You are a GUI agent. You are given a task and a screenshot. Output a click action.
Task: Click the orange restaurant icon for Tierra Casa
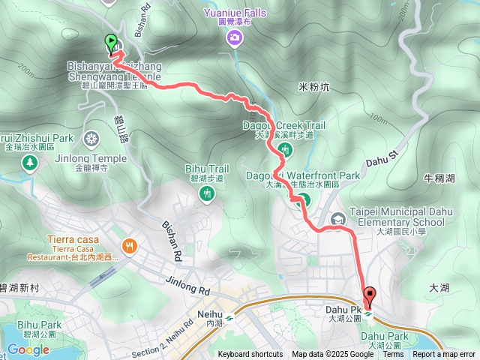pyautogui.click(x=130, y=245)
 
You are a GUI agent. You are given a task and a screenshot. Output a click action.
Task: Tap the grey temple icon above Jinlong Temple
pyautogui.click(x=92, y=139)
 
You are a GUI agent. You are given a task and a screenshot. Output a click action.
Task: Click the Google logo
pyautogui.click(x=28, y=349)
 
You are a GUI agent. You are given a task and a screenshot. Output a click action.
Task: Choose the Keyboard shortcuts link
pyautogui.click(x=250, y=355)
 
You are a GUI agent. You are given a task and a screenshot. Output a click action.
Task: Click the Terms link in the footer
pyautogui.click(x=393, y=355)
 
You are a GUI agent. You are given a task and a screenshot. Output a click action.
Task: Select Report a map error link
pyautogui.click(x=444, y=355)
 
